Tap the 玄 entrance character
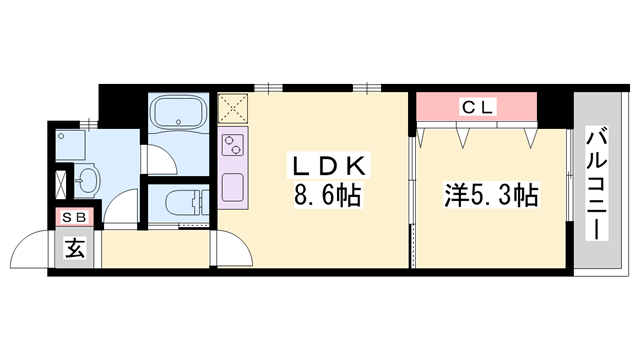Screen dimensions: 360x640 point(75,248)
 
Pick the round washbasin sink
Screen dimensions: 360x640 point(87,181)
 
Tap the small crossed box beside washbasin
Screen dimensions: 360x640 point(61,184)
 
